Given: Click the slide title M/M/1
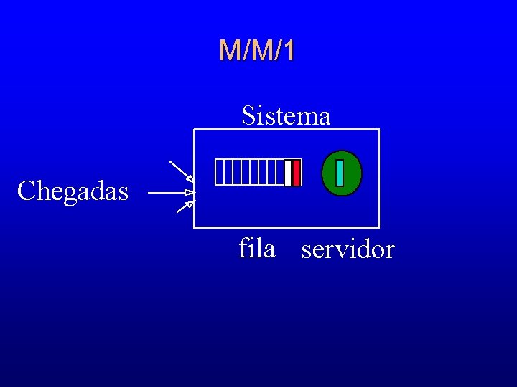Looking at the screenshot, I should (257, 51).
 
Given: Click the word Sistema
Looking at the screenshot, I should (286, 115).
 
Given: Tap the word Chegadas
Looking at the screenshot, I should (73, 191).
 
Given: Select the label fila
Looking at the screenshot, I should (256, 249).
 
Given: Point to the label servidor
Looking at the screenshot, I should (348, 250).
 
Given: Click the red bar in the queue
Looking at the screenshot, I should (297, 173).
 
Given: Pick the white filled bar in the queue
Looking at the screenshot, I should (288, 173).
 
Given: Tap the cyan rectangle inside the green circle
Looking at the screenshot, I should (340, 173).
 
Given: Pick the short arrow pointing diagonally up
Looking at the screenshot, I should (185, 207).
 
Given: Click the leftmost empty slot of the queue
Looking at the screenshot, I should (219, 173).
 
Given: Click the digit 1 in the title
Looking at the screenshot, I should (289, 51).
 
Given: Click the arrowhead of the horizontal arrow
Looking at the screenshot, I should (190, 193).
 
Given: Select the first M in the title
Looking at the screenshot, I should (230, 51).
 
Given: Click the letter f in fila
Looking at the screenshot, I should (244, 248).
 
